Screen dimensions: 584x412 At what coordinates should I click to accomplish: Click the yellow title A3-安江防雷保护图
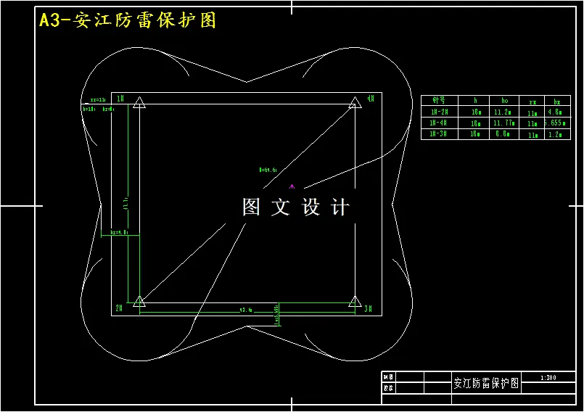click(x=128, y=20)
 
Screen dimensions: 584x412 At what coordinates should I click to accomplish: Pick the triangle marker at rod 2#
click(x=139, y=300)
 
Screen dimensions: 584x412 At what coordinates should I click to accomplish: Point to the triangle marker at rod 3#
click(x=355, y=300)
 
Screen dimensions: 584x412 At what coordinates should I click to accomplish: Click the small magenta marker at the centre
click(x=292, y=186)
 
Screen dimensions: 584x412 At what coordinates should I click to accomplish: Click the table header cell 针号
click(x=439, y=102)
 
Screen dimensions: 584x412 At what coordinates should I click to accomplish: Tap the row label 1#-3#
click(x=439, y=134)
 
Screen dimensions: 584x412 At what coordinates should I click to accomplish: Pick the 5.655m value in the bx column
click(x=556, y=123)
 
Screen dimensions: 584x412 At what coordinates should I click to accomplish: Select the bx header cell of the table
click(x=556, y=102)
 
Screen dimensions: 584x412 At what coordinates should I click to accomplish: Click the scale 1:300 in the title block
click(x=548, y=378)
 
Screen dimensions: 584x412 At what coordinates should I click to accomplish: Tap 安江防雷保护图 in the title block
click(x=485, y=384)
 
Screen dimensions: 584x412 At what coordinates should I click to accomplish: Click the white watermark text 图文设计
click(x=296, y=207)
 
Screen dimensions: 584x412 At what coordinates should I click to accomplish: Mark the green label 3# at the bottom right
click(x=369, y=309)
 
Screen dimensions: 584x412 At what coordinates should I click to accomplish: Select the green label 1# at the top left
click(x=120, y=98)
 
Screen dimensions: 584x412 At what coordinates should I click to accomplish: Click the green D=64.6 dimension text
click(x=268, y=169)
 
